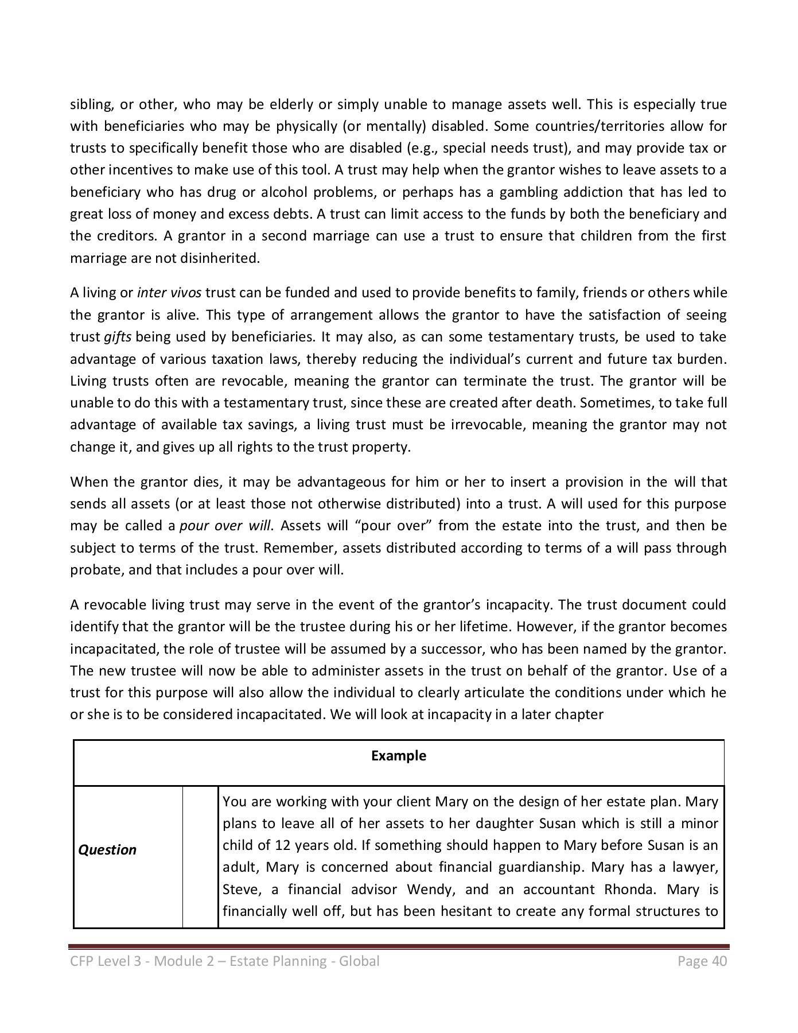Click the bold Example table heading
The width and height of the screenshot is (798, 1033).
tap(398, 755)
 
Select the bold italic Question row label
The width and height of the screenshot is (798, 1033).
tap(107, 850)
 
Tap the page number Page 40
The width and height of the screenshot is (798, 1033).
tap(702, 961)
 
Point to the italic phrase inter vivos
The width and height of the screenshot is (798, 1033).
tap(169, 293)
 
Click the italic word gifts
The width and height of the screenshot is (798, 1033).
tap(118, 337)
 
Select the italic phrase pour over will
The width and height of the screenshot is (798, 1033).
tap(224, 526)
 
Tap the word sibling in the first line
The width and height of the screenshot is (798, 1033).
tap(89, 104)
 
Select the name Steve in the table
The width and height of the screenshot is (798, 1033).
tap(238, 890)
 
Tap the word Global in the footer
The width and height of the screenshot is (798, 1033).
tap(359, 961)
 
